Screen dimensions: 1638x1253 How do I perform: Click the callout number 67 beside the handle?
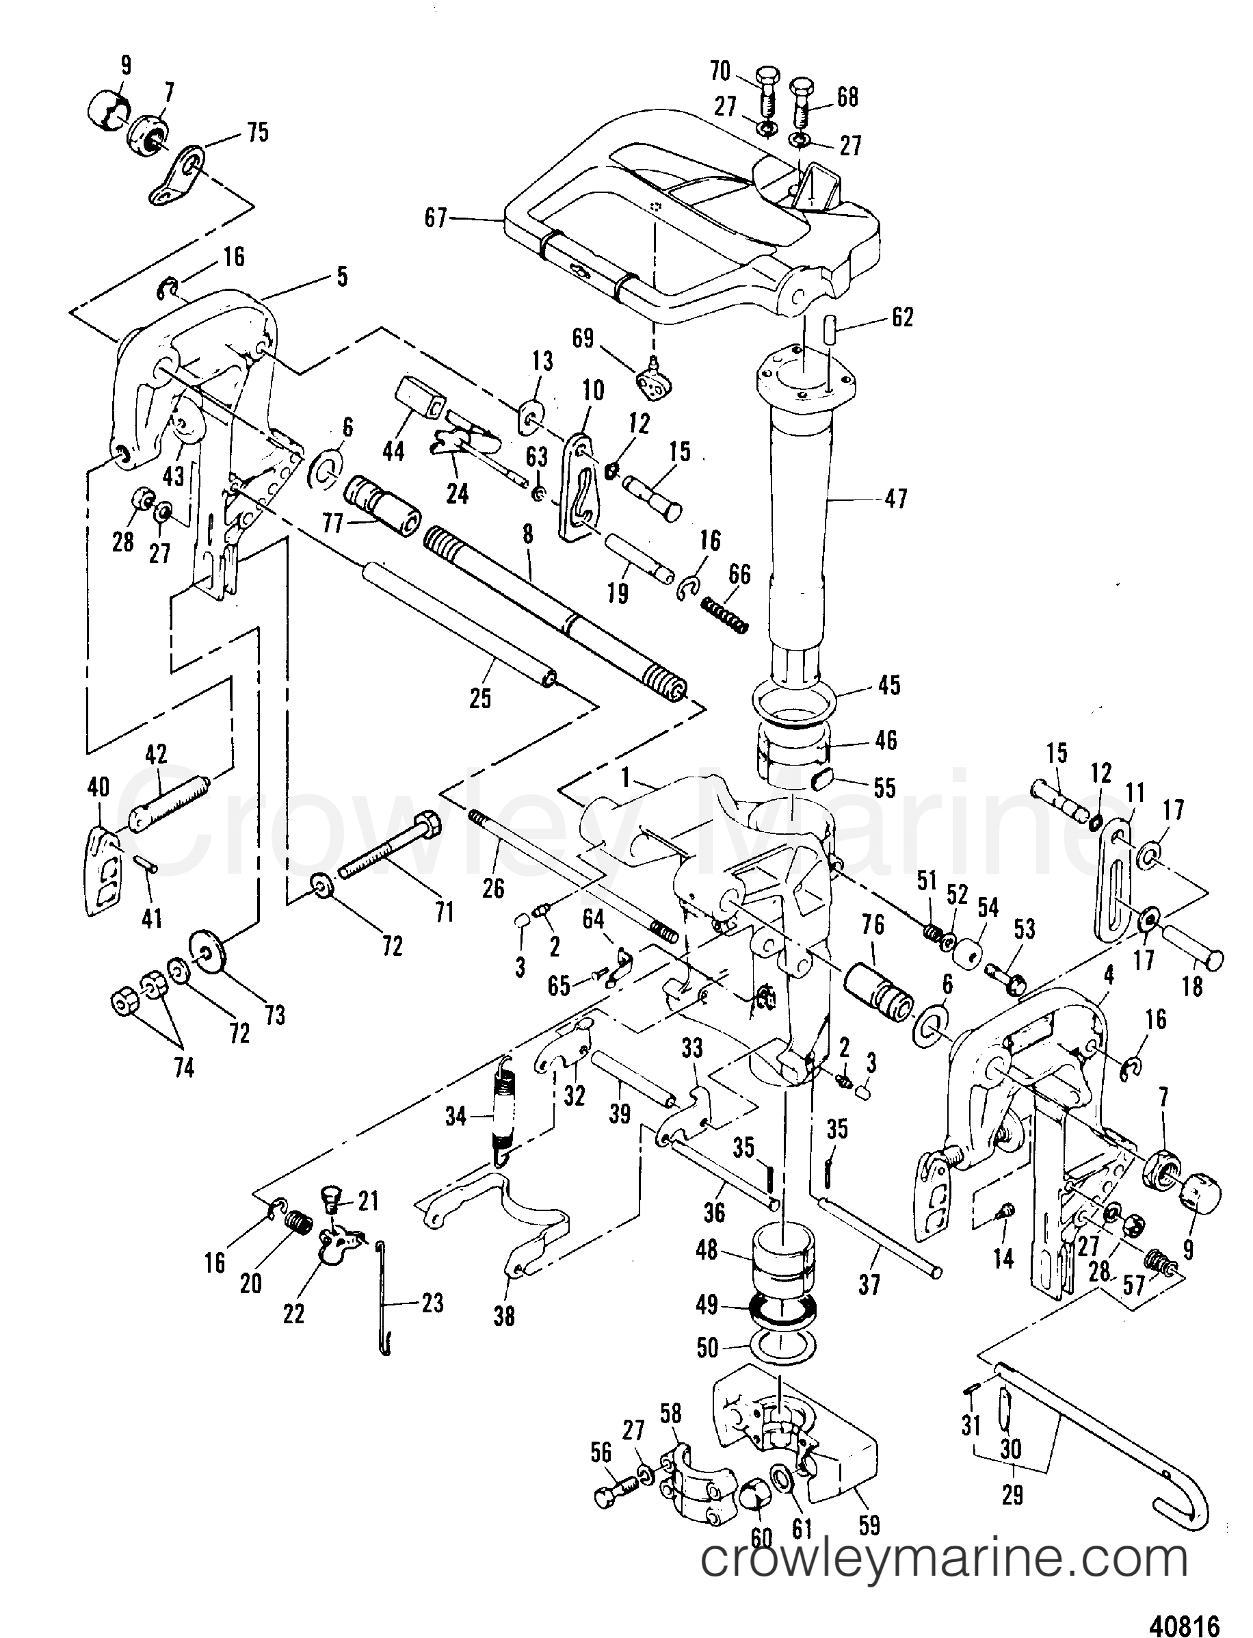(435, 218)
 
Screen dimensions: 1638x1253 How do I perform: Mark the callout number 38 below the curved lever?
(504, 1316)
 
